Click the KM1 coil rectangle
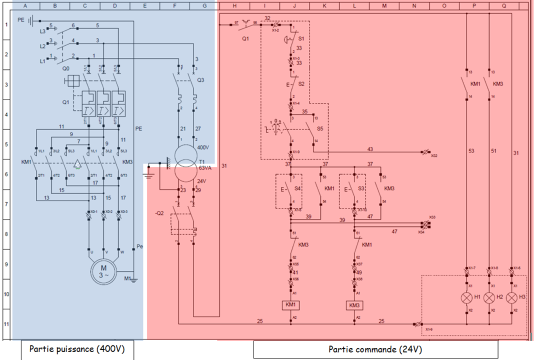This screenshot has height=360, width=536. point(291,305)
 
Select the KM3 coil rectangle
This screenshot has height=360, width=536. point(355,305)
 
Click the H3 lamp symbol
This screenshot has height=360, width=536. point(511,297)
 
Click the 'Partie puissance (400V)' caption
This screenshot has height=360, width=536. point(77,349)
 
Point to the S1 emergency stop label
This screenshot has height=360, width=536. point(301,38)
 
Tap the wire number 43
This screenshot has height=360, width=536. point(370,149)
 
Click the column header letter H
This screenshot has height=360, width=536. point(234,5)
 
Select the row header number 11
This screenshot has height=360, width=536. point(6,323)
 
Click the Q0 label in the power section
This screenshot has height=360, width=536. point(66,68)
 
